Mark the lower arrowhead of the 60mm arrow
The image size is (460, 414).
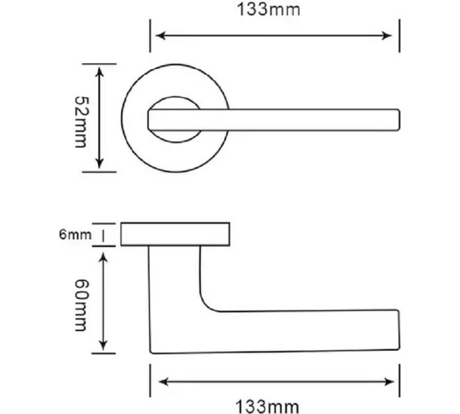click(x=103, y=345)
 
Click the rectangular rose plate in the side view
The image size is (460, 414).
click(x=175, y=234)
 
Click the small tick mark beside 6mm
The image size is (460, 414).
click(x=103, y=235)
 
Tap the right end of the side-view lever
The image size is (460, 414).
click(x=397, y=329)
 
